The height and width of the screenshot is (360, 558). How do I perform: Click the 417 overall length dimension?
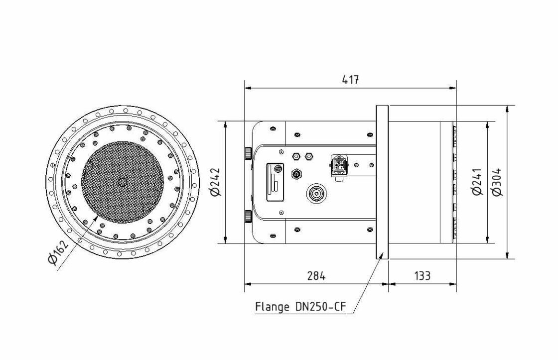(x=351, y=80)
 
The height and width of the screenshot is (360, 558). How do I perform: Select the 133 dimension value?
(x=422, y=275)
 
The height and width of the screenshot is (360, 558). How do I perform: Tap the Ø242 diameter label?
(x=216, y=182)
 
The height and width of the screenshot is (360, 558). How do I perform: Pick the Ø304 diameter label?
(x=497, y=182)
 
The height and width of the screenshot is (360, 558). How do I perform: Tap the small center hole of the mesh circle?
(x=122, y=182)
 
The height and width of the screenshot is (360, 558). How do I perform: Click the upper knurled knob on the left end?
(x=248, y=152)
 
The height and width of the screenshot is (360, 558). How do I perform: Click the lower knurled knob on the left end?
(x=248, y=217)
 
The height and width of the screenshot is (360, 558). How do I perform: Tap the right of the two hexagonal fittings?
(x=309, y=156)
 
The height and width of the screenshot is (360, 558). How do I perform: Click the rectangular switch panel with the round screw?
(x=276, y=183)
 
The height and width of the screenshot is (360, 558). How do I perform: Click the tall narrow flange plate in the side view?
(x=382, y=182)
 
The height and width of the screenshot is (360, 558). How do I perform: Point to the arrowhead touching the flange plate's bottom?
(x=382, y=256)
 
